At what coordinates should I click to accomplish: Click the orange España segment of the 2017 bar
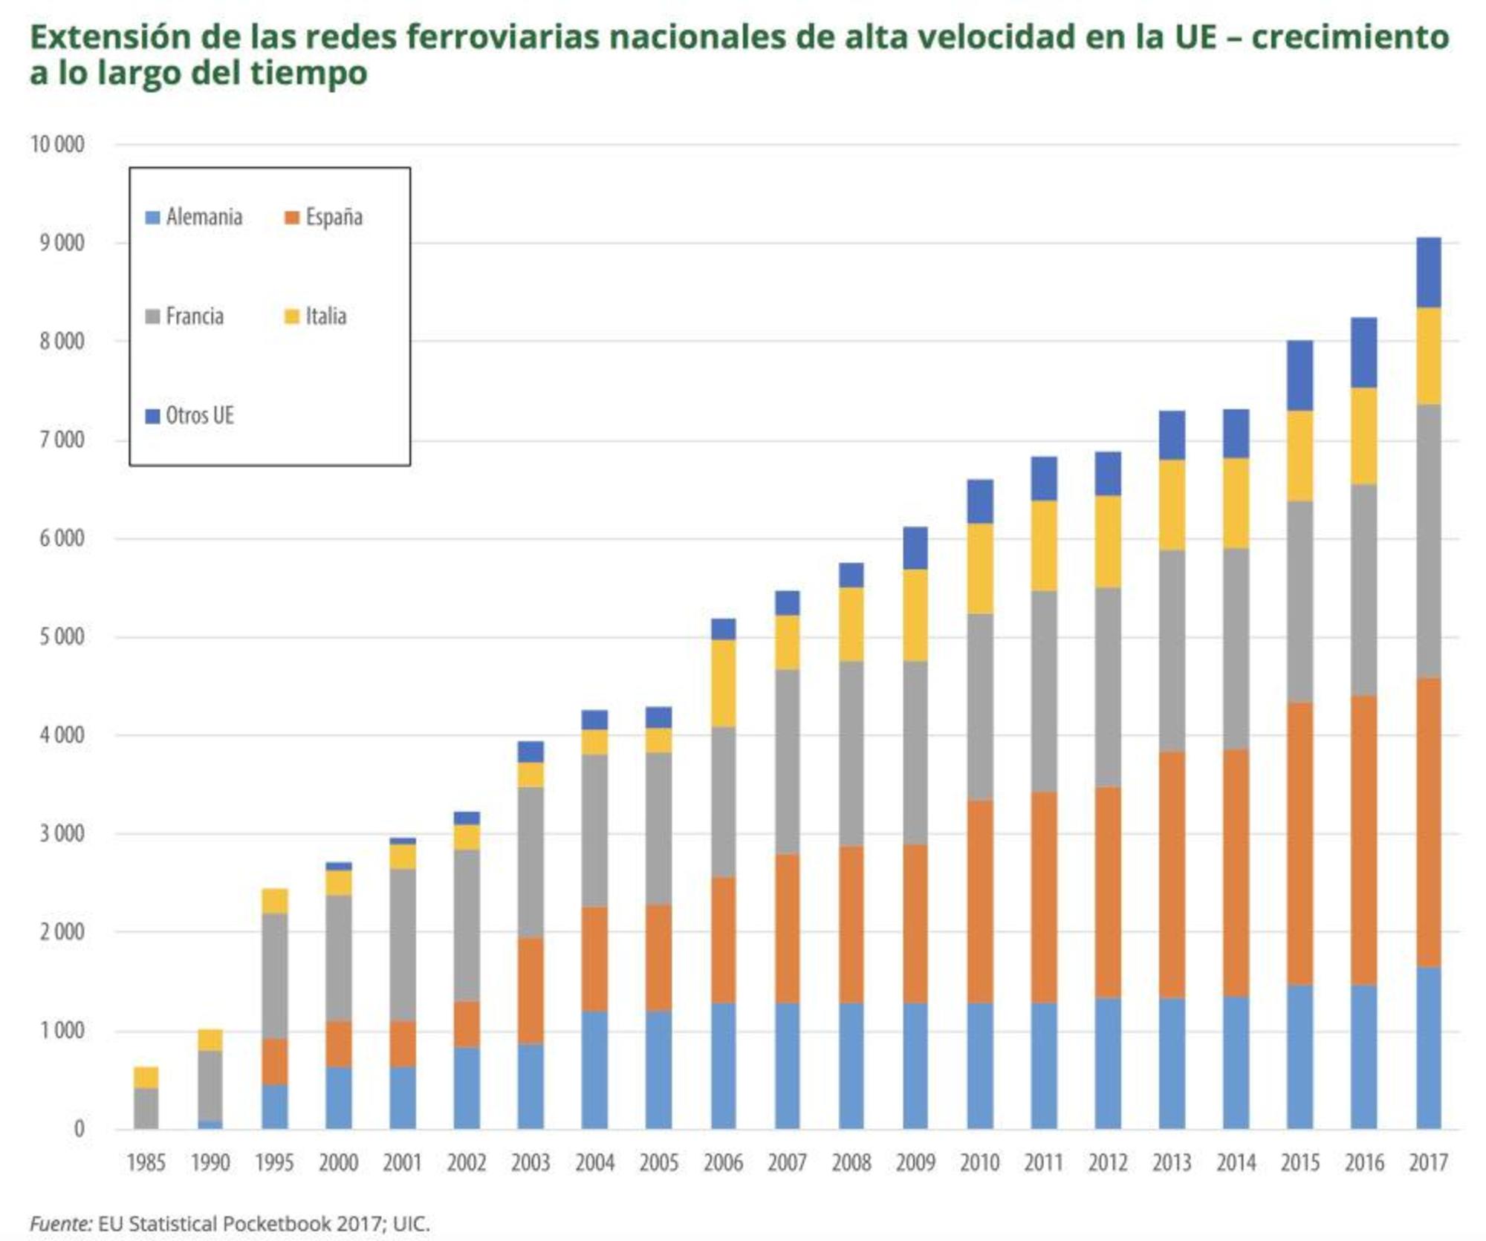point(1428,822)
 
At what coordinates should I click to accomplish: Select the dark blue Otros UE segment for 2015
point(1300,375)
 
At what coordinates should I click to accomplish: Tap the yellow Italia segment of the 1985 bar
point(146,1077)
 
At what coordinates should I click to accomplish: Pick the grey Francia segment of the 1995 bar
point(274,975)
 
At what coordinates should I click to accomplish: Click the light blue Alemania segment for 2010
point(979,1066)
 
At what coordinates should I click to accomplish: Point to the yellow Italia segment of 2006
point(723,683)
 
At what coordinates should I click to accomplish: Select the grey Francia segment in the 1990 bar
point(210,1085)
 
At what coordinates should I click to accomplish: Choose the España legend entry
point(324,217)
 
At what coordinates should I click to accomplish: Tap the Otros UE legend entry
point(190,415)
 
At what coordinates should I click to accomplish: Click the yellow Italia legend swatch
point(292,316)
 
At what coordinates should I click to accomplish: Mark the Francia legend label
point(194,316)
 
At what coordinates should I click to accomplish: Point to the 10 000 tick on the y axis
point(57,144)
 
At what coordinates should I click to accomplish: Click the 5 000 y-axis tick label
point(62,636)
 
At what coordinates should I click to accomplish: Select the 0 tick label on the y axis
point(79,1129)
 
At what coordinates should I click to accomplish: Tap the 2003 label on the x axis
point(531,1162)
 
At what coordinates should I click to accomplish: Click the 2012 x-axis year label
point(1108,1162)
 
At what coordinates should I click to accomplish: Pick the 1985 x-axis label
point(146,1162)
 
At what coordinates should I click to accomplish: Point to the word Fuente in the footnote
point(59,1223)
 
